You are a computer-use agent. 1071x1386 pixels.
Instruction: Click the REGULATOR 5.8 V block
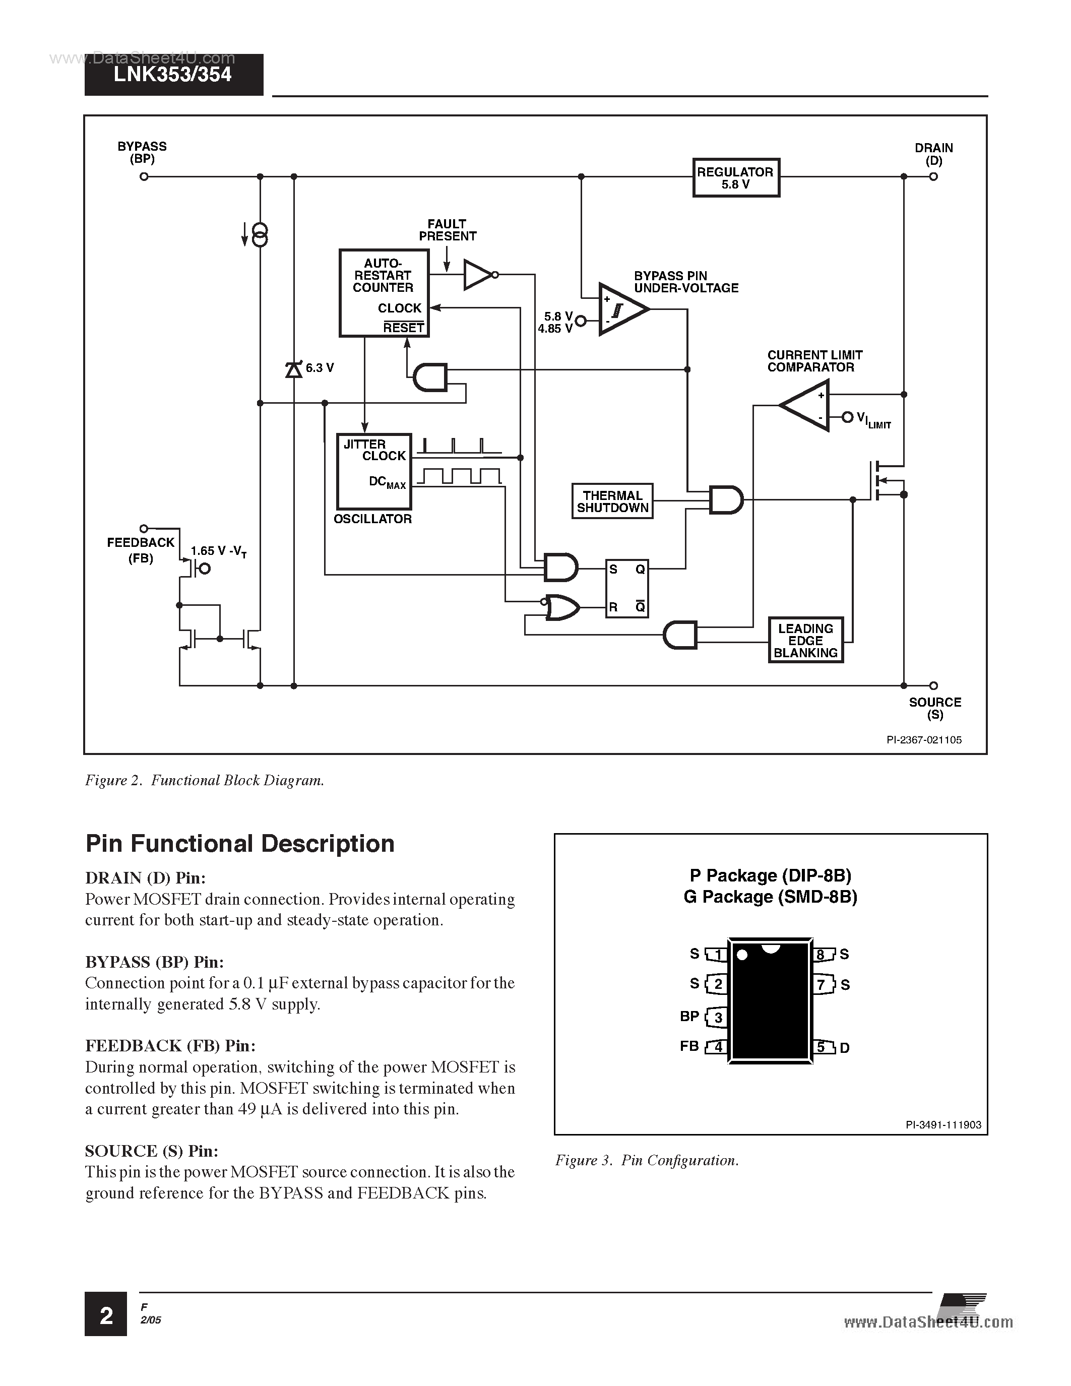(x=735, y=178)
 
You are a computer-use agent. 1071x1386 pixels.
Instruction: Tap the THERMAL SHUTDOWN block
(x=612, y=501)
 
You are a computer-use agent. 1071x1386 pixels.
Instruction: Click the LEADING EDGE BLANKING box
(x=806, y=640)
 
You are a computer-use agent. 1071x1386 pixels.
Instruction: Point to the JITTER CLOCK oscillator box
(x=373, y=472)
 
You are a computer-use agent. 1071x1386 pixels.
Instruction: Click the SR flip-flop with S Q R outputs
(x=627, y=588)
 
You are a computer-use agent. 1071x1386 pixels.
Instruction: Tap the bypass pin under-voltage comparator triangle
(x=620, y=309)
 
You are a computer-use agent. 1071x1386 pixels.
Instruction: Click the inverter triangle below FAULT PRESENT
(x=477, y=275)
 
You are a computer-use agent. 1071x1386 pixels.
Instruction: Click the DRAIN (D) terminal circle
(x=933, y=176)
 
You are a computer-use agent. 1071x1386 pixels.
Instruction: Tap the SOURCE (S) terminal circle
(x=933, y=685)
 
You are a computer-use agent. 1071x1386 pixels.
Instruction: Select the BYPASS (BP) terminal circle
(x=144, y=176)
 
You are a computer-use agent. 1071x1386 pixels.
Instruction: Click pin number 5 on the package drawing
(x=822, y=1046)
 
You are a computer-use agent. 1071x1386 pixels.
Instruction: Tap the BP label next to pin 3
(x=689, y=1016)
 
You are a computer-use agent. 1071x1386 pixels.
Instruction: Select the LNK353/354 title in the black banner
(x=172, y=75)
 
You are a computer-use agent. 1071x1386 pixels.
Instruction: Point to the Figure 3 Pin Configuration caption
(x=647, y=1160)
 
